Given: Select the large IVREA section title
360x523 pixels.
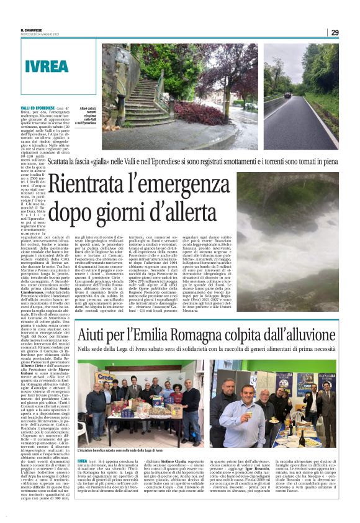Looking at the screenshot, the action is (x=48, y=66).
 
